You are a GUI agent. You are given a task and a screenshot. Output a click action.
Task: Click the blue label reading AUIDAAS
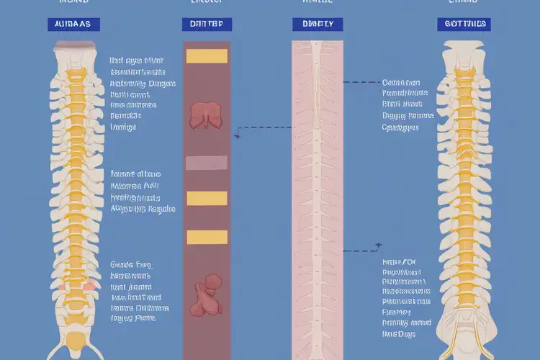(x=73, y=24)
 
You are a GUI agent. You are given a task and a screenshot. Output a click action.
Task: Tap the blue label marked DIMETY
(x=318, y=24)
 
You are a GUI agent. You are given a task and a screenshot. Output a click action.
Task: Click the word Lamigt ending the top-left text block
(x=123, y=127)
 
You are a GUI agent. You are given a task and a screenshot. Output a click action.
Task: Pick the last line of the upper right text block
(x=400, y=128)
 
